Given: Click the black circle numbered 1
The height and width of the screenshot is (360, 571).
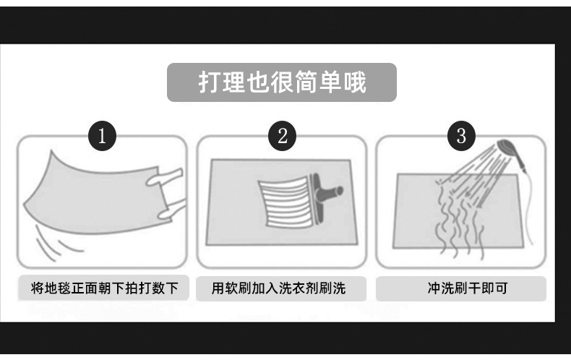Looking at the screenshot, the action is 103,136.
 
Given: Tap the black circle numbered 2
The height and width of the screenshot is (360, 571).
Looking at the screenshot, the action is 282,136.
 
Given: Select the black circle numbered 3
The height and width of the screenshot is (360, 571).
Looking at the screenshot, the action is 461,136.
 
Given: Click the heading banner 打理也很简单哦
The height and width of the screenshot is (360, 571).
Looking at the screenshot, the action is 282,82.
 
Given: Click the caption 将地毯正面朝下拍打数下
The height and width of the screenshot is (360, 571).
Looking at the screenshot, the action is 104,288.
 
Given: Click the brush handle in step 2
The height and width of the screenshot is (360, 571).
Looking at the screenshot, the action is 330,192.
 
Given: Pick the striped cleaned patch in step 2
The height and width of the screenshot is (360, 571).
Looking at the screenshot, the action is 285,202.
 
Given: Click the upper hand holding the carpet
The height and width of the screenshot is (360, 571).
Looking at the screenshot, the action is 164,177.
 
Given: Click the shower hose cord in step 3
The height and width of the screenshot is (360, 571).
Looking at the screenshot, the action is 528,207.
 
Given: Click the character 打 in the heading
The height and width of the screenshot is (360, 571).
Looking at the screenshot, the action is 210,82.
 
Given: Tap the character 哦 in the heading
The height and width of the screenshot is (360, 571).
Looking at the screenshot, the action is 354,82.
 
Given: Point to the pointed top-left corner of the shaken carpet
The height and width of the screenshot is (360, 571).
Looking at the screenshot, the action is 52,150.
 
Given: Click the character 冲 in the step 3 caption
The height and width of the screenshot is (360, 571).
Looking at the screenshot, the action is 434,288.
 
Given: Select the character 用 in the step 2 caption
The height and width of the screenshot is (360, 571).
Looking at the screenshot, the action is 218,288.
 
